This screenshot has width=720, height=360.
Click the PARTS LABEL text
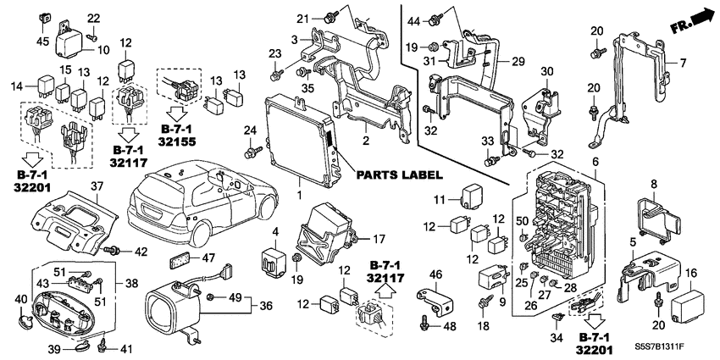coord(397,175)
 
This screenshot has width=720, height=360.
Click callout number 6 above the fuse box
coord(595,161)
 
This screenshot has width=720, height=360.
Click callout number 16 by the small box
coord(690,272)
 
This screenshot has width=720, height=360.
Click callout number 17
coord(379,238)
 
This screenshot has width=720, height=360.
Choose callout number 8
coord(653,184)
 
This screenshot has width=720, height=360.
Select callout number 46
coord(435,274)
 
